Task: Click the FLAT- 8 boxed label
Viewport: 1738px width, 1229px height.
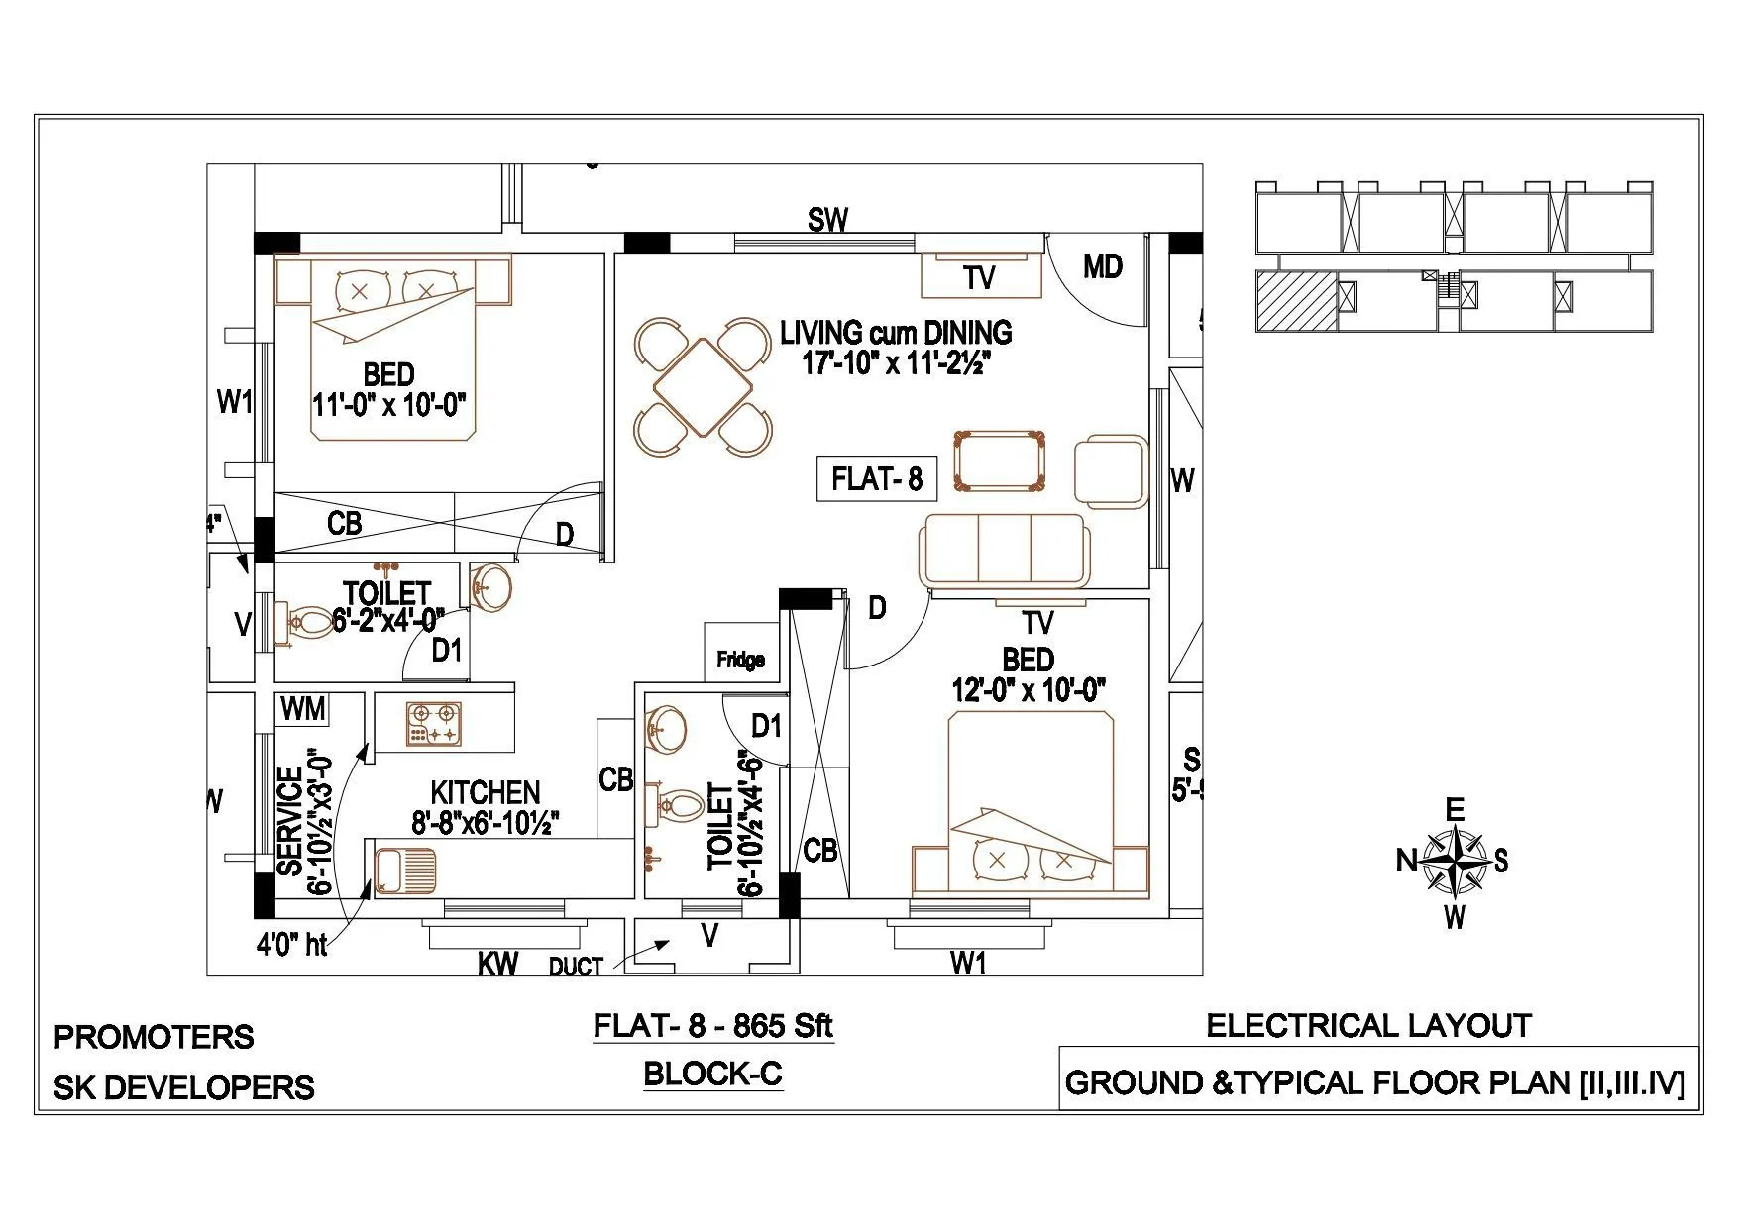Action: pyautogui.click(x=876, y=479)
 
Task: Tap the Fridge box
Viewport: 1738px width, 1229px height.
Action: pyautogui.click(x=740, y=660)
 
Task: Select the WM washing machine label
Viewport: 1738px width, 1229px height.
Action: pyautogui.click(x=303, y=709)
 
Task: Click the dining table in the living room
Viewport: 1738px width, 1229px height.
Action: pyautogui.click(x=703, y=386)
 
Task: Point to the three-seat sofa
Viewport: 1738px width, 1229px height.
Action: pyautogui.click(x=1005, y=551)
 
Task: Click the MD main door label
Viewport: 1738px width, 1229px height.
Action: pyautogui.click(x=1102, y=266)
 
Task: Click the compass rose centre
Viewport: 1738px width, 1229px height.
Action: pyautogui.click(x=1453, y=860)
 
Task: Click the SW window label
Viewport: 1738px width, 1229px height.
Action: pyautogui.click(x=827, y=220)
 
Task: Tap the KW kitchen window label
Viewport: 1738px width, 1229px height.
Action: pyautogui.click(x=497, y=964)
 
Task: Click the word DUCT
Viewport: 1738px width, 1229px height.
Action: pyautogui.click(x=576, y=967)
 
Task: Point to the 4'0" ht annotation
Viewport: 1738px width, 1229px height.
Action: pyautogui.click(x=291, y=945)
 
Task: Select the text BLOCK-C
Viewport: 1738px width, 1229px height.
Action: pyautogui.click(x=712, y=1074)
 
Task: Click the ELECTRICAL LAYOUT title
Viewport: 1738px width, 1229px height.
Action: pyautogui.click(x=1368, y=1026)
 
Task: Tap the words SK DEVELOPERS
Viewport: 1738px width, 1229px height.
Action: pyautogui.click(x=183, y=1087)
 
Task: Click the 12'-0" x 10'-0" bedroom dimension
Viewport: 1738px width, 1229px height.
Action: pyautogui.click(x=1028, y=690)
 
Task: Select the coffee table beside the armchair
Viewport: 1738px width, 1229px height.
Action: pyautogui.click(x=999, y=461)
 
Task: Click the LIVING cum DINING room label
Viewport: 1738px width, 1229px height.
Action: pyautogui.click(x=896, y=332)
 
